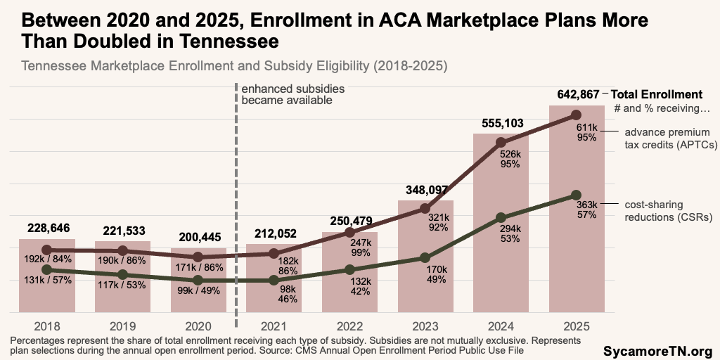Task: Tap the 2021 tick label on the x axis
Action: click(273, 326)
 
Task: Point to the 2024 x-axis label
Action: click(501, 326)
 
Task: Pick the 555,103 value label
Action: click(501, 124)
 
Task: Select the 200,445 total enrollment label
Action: click(198, 237)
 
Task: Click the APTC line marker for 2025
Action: click(577, 115)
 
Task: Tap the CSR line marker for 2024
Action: click(501, 218)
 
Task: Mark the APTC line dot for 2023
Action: click(425, 208)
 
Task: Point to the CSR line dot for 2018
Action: click(46, 269)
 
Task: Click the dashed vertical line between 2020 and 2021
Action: click(235, 211)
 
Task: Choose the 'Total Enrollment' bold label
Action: click(656, 94)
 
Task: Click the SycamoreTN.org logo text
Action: click(658, 350)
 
